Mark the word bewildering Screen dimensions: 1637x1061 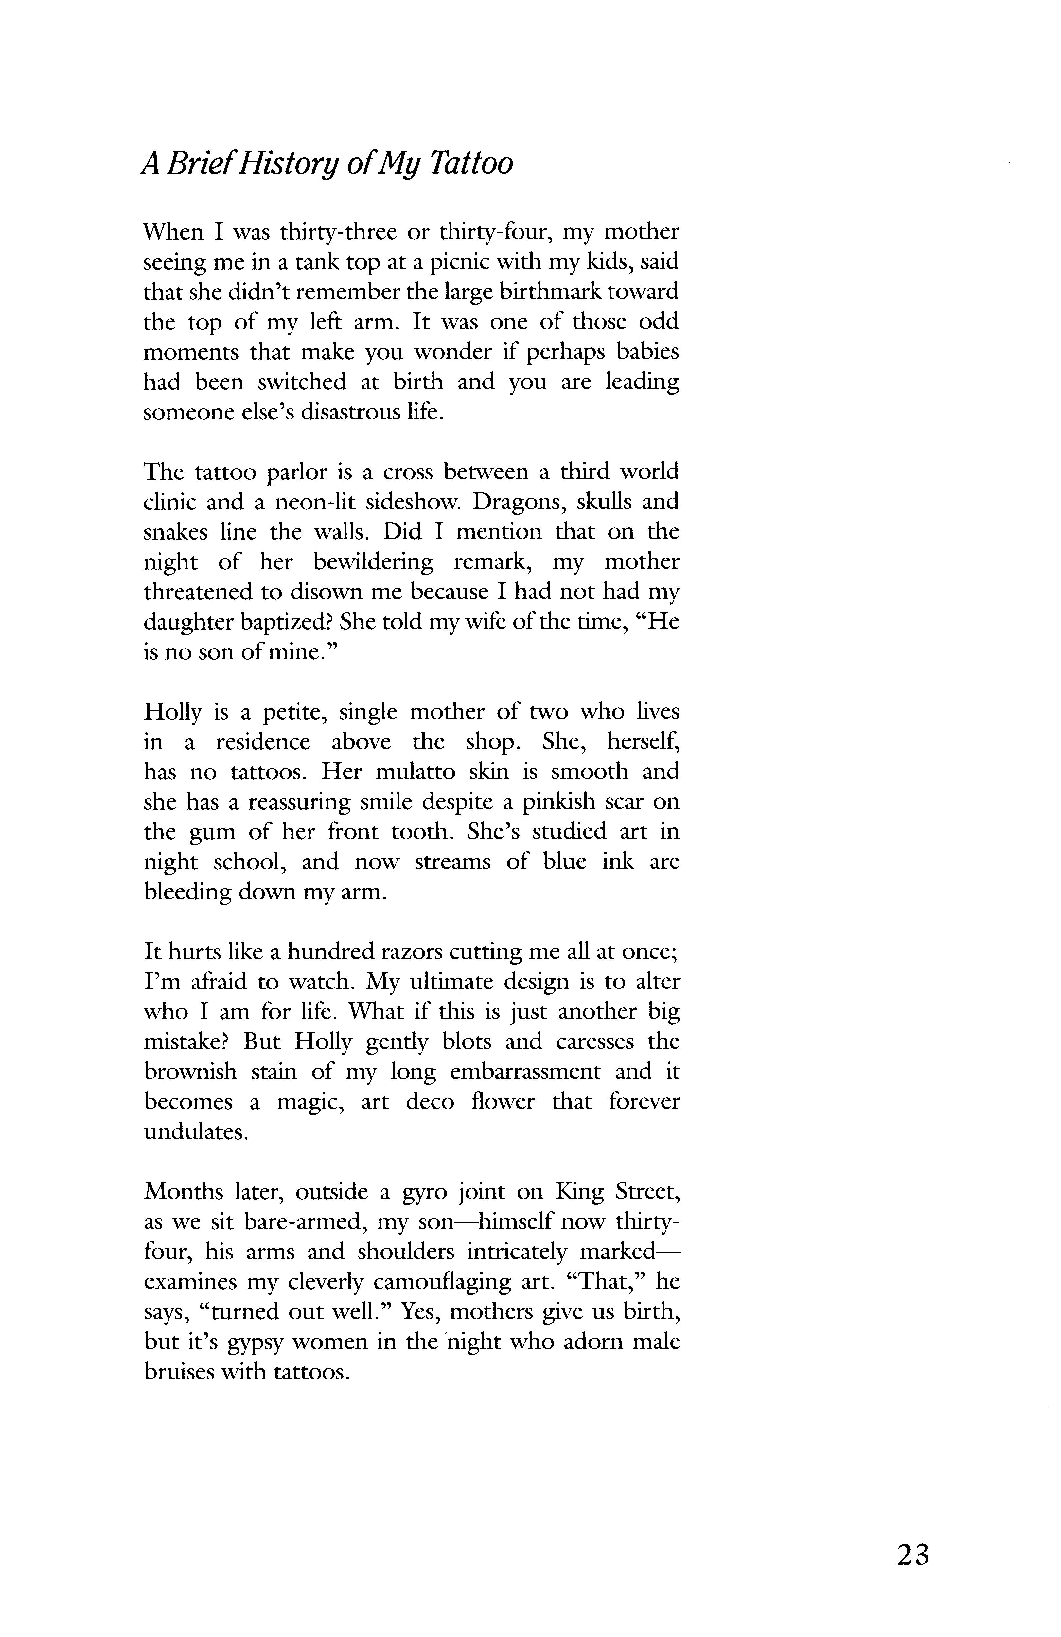click(x=373, y=562)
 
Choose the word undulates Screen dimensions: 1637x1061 click(x=195, y=1132)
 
